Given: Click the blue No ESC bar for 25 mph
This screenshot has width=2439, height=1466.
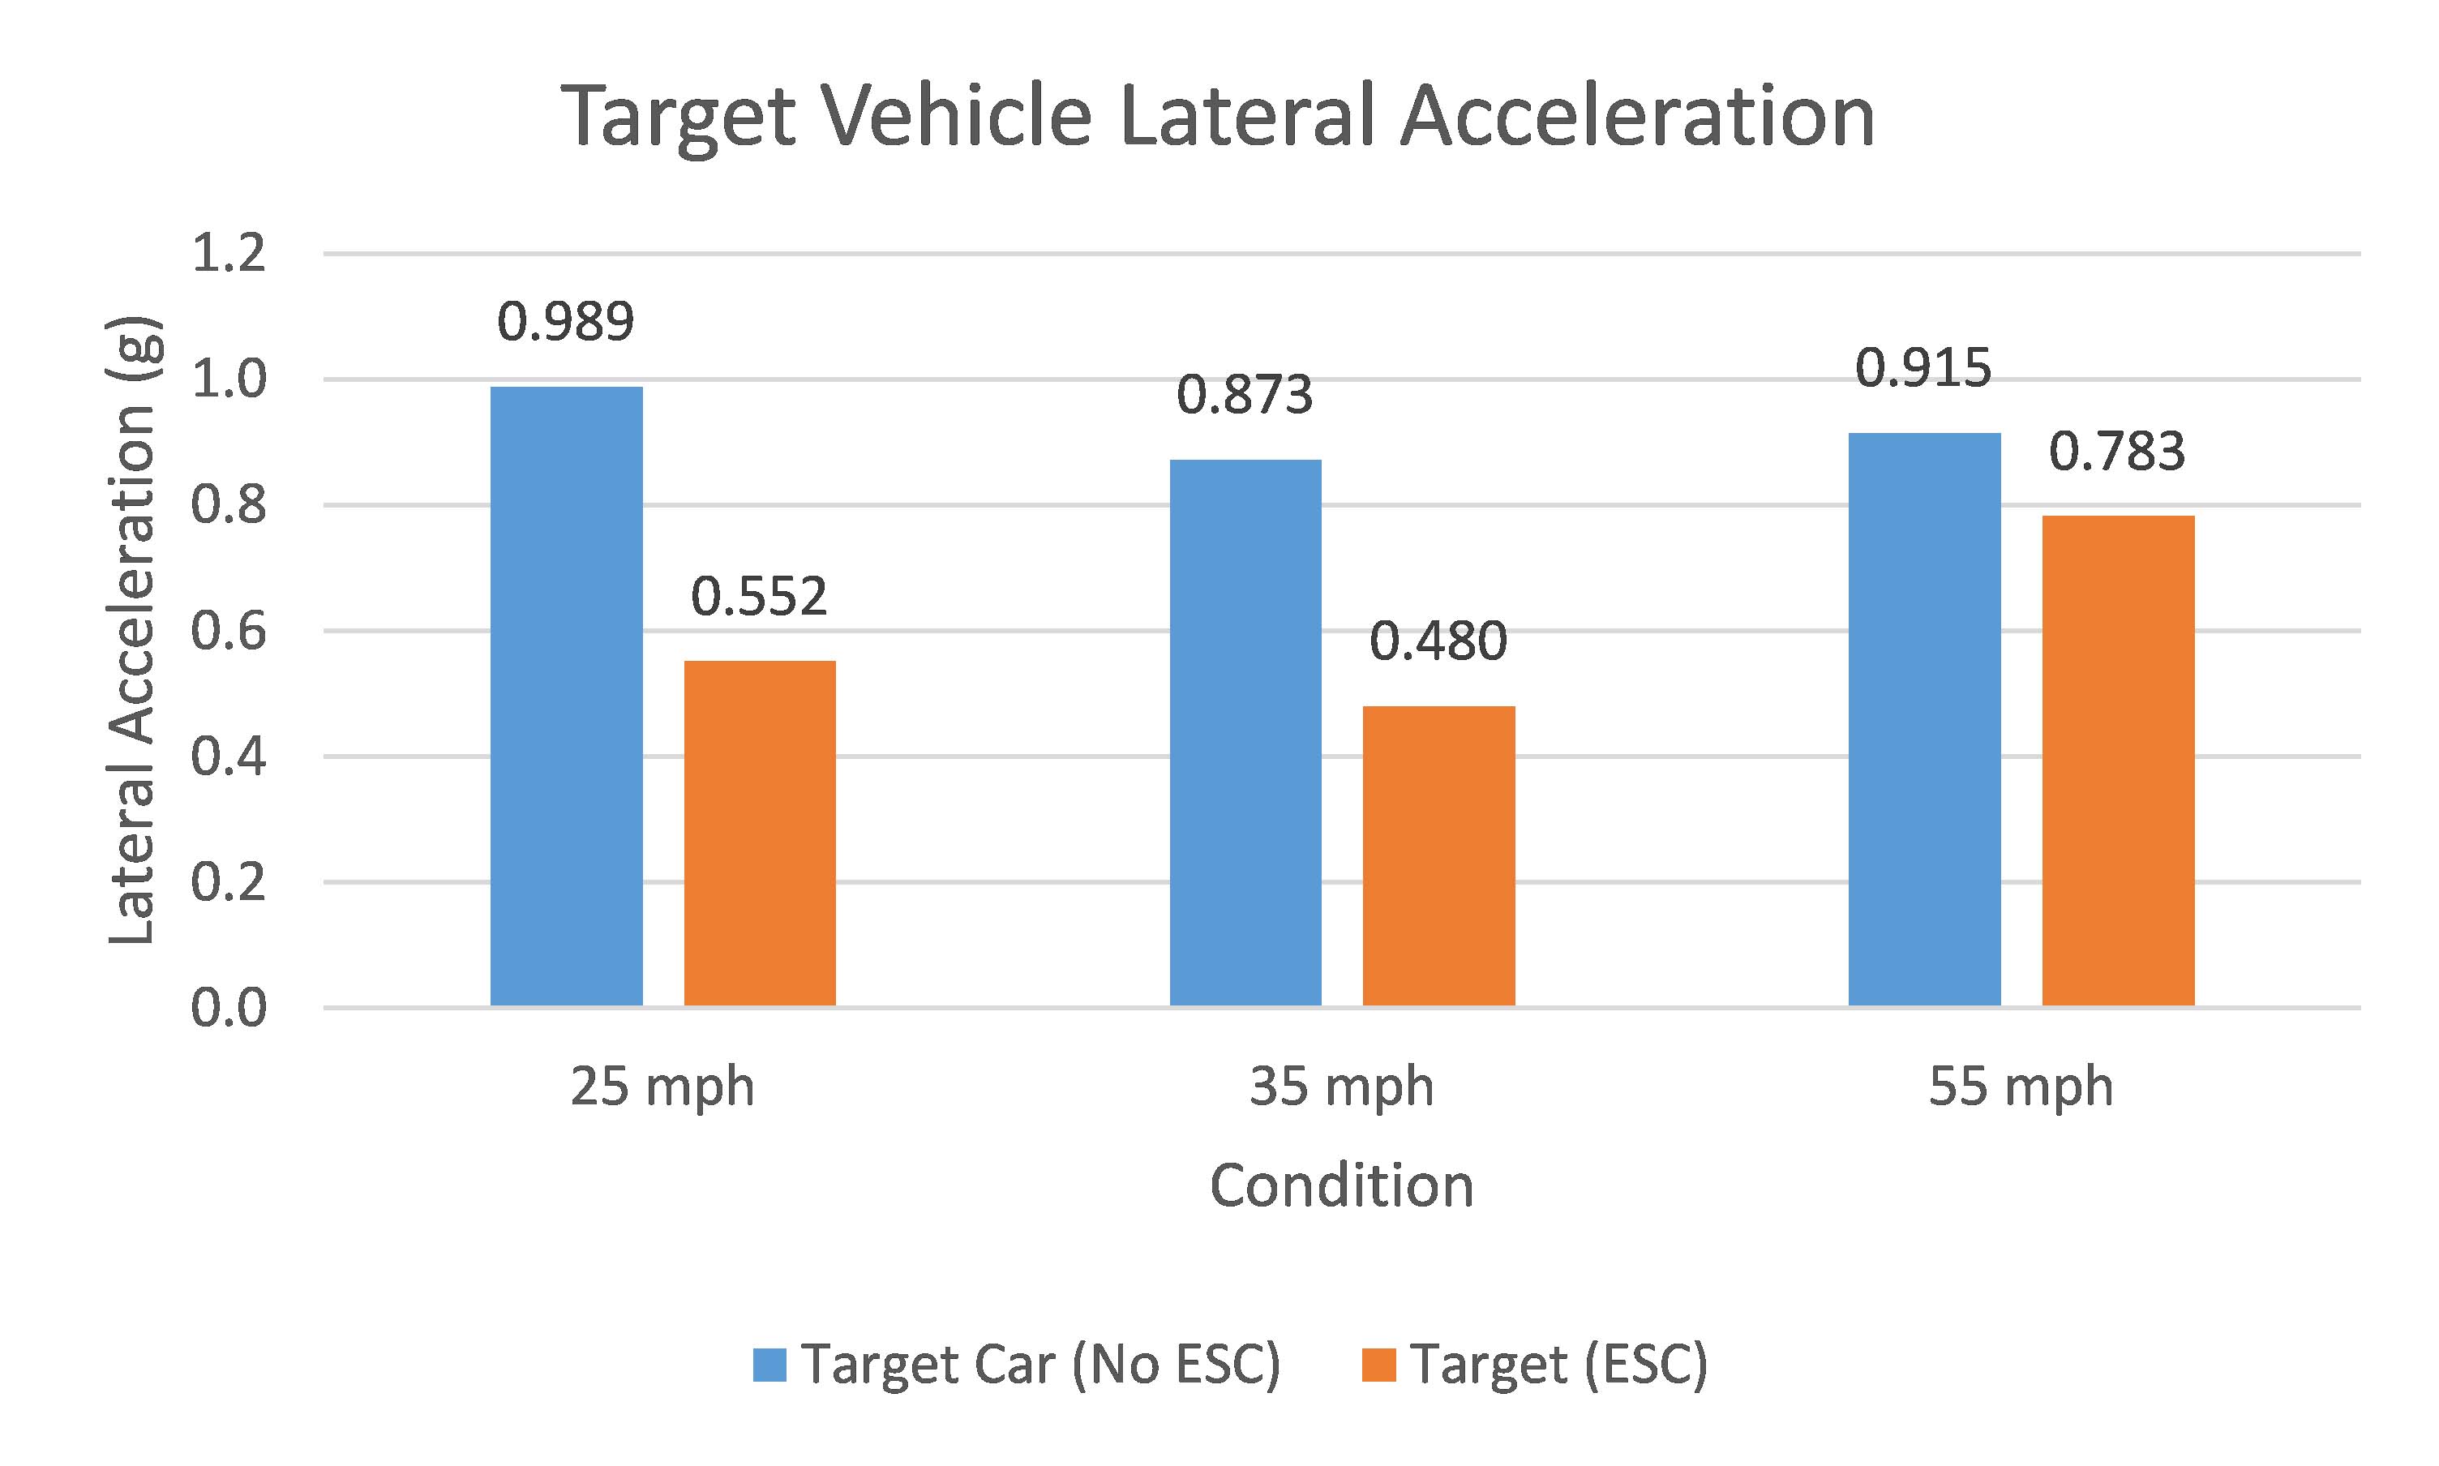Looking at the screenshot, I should pyautogui.click(x=566, y=696).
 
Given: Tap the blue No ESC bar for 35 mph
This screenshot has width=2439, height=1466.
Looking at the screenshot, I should pyautogui.click(x=1245, y=732).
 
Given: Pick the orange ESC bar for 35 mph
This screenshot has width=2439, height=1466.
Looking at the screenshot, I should pyautogui.click(x=1438, y=855).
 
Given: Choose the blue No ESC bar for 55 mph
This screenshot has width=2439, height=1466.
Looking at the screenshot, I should pyautogui.click(x=1924, y=719).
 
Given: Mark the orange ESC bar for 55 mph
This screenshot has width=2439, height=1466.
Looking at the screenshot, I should pyautogui.click(x=2118, y=761).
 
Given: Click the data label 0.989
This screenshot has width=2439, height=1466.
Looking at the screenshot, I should pyautogui.click(x=565, y=322).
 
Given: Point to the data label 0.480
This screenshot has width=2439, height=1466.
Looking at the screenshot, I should pyautogui.click(x=1438, y=642).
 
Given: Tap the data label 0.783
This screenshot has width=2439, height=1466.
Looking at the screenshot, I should pyautogui.click(x=2117, y=452).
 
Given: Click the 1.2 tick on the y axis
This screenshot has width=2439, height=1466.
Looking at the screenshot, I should pyautogui.click(x=228, y=254).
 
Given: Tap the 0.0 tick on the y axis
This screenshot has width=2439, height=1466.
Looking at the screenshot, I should pyautogui.click(x=228, y=1009).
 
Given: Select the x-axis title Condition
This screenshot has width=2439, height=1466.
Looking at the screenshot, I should pyautogui.click(x=1341, y=1185).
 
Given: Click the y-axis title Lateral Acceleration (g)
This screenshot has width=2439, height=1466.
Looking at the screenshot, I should pyautogui.click(x=132, y=630).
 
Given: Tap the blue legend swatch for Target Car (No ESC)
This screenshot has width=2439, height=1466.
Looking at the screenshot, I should pyautogui.click(x=769, y=1365).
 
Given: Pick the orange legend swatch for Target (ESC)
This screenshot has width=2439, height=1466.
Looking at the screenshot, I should pyautogui.click(x=1378, y=1365).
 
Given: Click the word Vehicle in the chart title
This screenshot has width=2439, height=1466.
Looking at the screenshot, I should pyautogui.click(x=958, y=117).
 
